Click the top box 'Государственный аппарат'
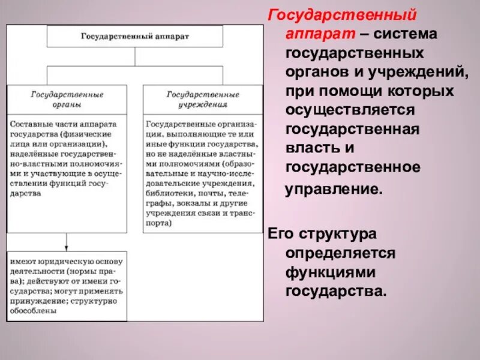(x=135, y=37)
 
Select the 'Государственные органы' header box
(x=67, y=99)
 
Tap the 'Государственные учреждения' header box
(x=202, y=99)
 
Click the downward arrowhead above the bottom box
(x=67, y=247)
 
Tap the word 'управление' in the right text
(x=333, y=188)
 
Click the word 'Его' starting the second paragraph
(x=280, y=234)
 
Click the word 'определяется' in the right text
(x=341, y=253)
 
